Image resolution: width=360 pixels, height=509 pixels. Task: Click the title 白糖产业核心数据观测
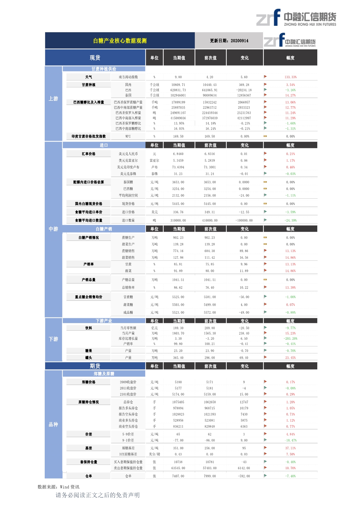120,41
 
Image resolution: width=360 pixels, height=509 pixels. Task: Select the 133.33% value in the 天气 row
290,77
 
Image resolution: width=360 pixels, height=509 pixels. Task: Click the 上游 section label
53,99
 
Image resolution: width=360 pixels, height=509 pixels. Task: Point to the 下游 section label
53,339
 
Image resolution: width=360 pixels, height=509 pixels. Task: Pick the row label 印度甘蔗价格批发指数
89,136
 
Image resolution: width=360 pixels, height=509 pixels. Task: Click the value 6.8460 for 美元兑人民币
178,154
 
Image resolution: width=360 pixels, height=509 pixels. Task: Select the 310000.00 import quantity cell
178,221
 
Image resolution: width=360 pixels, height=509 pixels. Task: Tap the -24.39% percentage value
290,221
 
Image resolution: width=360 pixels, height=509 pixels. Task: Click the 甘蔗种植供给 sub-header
104,69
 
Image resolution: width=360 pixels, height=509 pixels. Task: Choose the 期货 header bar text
95,366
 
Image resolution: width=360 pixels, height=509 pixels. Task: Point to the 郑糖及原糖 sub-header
104,374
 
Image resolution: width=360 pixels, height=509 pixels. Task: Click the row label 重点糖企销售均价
89,297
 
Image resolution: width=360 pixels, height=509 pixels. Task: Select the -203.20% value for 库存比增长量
290,339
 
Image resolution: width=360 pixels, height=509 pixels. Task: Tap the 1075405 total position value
178,402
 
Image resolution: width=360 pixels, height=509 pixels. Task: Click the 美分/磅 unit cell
154,454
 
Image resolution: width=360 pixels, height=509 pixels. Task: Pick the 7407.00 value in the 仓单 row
178,476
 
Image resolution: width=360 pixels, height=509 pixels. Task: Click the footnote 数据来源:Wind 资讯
58,487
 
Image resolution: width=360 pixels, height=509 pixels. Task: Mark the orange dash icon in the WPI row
265,136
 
